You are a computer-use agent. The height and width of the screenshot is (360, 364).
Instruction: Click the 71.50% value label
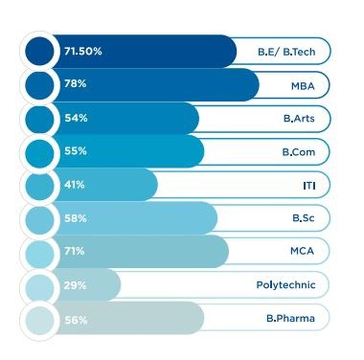(x=83, y=52)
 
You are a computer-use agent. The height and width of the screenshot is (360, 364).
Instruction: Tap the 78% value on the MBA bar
(x=75, y=84)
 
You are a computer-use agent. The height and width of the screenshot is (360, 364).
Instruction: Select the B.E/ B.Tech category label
(x=286, y=52)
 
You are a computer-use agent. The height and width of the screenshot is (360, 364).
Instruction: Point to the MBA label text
(x=303, y=86)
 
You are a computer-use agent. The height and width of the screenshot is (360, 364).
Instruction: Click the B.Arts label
(x=299, y=118)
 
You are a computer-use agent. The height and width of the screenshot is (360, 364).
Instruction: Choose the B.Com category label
(x=298, y=152)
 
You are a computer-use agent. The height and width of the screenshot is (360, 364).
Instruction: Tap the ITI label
(x=309, y=185)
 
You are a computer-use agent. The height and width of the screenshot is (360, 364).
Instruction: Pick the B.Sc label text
(x=303, y=218)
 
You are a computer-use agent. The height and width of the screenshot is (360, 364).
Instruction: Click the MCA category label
(x=302, y=251)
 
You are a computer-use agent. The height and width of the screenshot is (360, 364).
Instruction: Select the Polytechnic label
(x=286, y=285)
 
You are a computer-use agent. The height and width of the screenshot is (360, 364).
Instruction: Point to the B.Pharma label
(x=291, y=318)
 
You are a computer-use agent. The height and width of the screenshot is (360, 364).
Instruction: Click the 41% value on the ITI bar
(x=74, y=185)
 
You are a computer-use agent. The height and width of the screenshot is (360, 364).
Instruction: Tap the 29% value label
(x=75, y=285)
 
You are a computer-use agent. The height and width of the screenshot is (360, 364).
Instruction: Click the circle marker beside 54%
(x=40, y=119)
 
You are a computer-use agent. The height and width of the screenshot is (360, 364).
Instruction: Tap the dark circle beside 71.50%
(x=40, y=51)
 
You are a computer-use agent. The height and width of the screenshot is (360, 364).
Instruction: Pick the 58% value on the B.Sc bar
(x=75, y=218)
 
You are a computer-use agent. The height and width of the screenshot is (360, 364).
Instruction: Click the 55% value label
(x=75, y=151)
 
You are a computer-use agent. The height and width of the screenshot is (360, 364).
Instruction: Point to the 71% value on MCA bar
(x=74, y=251)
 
